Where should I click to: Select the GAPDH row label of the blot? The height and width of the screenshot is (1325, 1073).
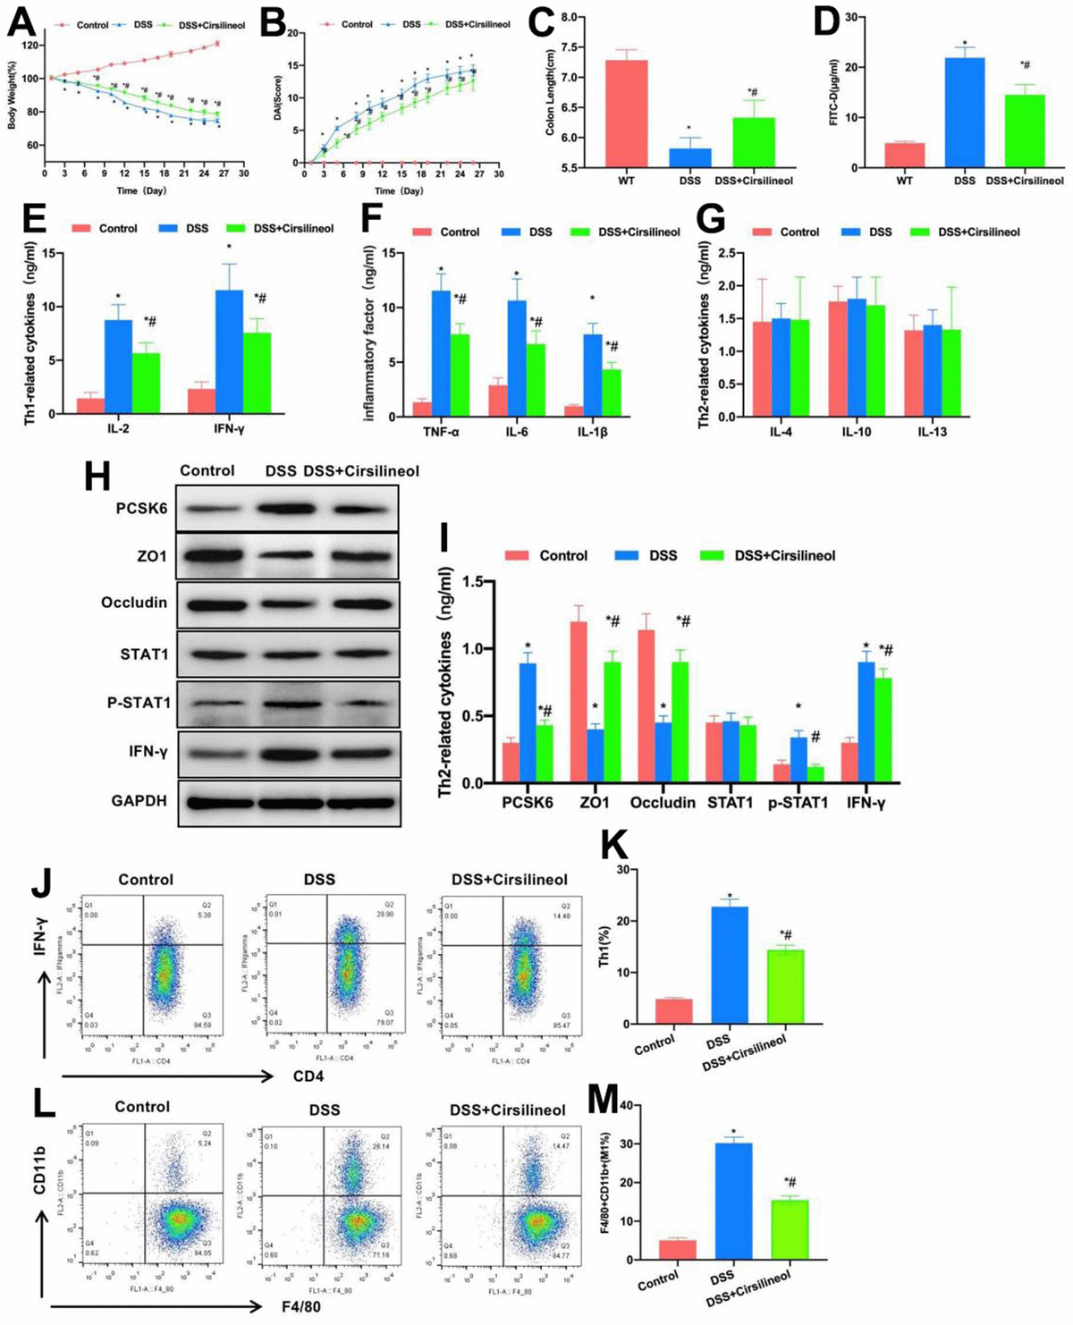coord(139,800)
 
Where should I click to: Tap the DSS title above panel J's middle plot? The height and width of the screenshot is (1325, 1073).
coord(319,879)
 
